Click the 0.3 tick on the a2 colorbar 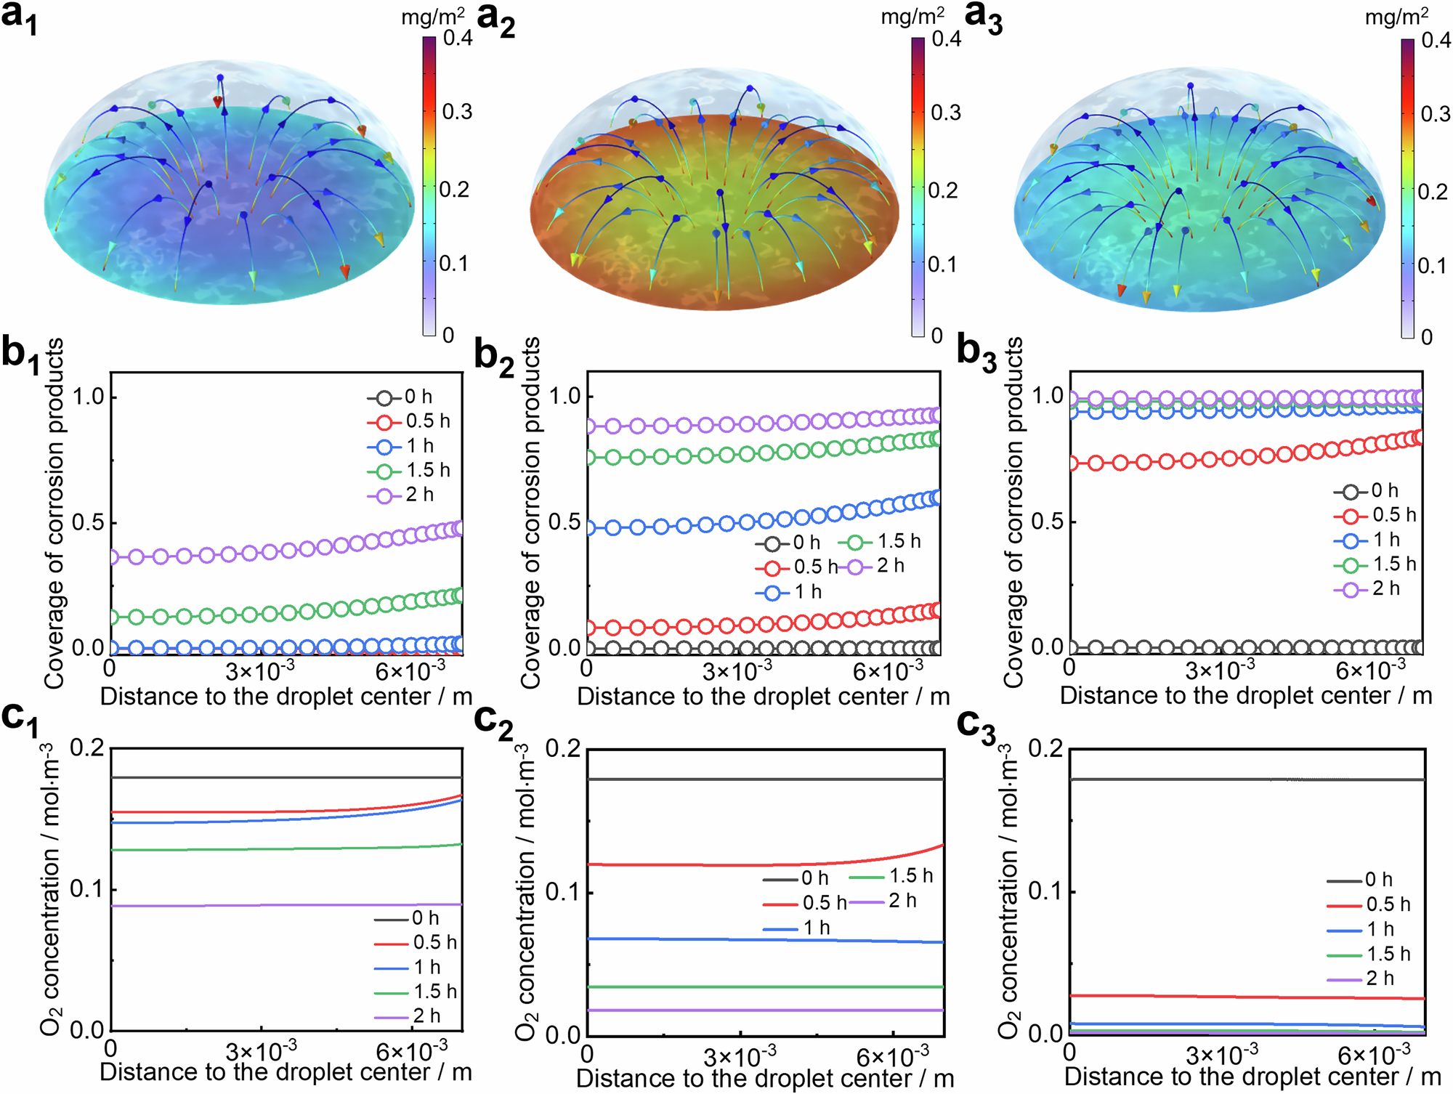946,113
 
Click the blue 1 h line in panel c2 763,941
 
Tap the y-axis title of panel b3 1013,511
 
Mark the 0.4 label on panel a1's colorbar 458,38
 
